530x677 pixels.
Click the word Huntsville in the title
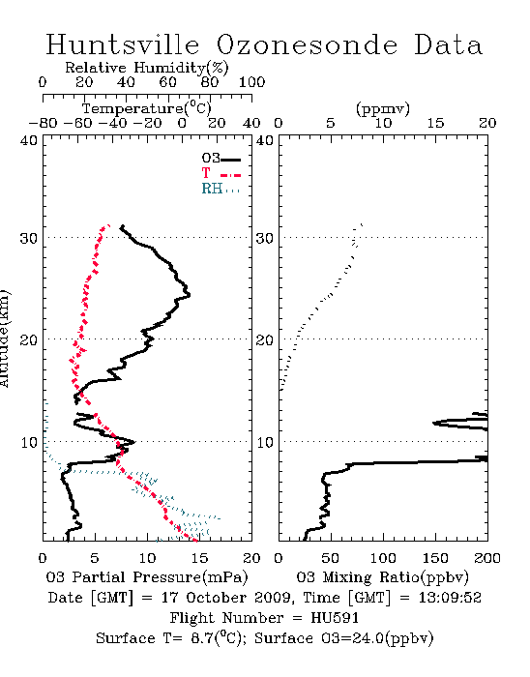click(x=123, y=44)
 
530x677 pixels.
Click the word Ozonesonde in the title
click(x=307, y=44)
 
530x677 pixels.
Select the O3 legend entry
click(x=221, y=159)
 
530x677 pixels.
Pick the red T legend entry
click(x=221, y=173)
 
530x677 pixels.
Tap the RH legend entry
click(x=221, y=189)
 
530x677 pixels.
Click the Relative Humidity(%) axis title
click(x=147, y=68)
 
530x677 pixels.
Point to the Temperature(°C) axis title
click(x=147, y=108)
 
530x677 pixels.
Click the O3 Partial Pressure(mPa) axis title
click(x=147, y=577)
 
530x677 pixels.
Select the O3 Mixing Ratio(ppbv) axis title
click(x=382, y=577)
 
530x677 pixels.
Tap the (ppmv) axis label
click(x=383, y=108)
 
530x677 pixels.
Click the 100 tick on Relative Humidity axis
click(x=251, y=82)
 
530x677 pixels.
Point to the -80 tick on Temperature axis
click(x=43, y=123)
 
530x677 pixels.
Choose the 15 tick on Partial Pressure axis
click(x=199, y=558)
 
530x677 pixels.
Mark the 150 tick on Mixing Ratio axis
click(x=435, y=558)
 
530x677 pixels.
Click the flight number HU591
click(x=335, y=618)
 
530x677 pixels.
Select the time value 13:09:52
click(x=450, y=598)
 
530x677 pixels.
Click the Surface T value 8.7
click(x=202, y=638)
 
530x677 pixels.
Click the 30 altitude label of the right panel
click(x=264, y=238)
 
